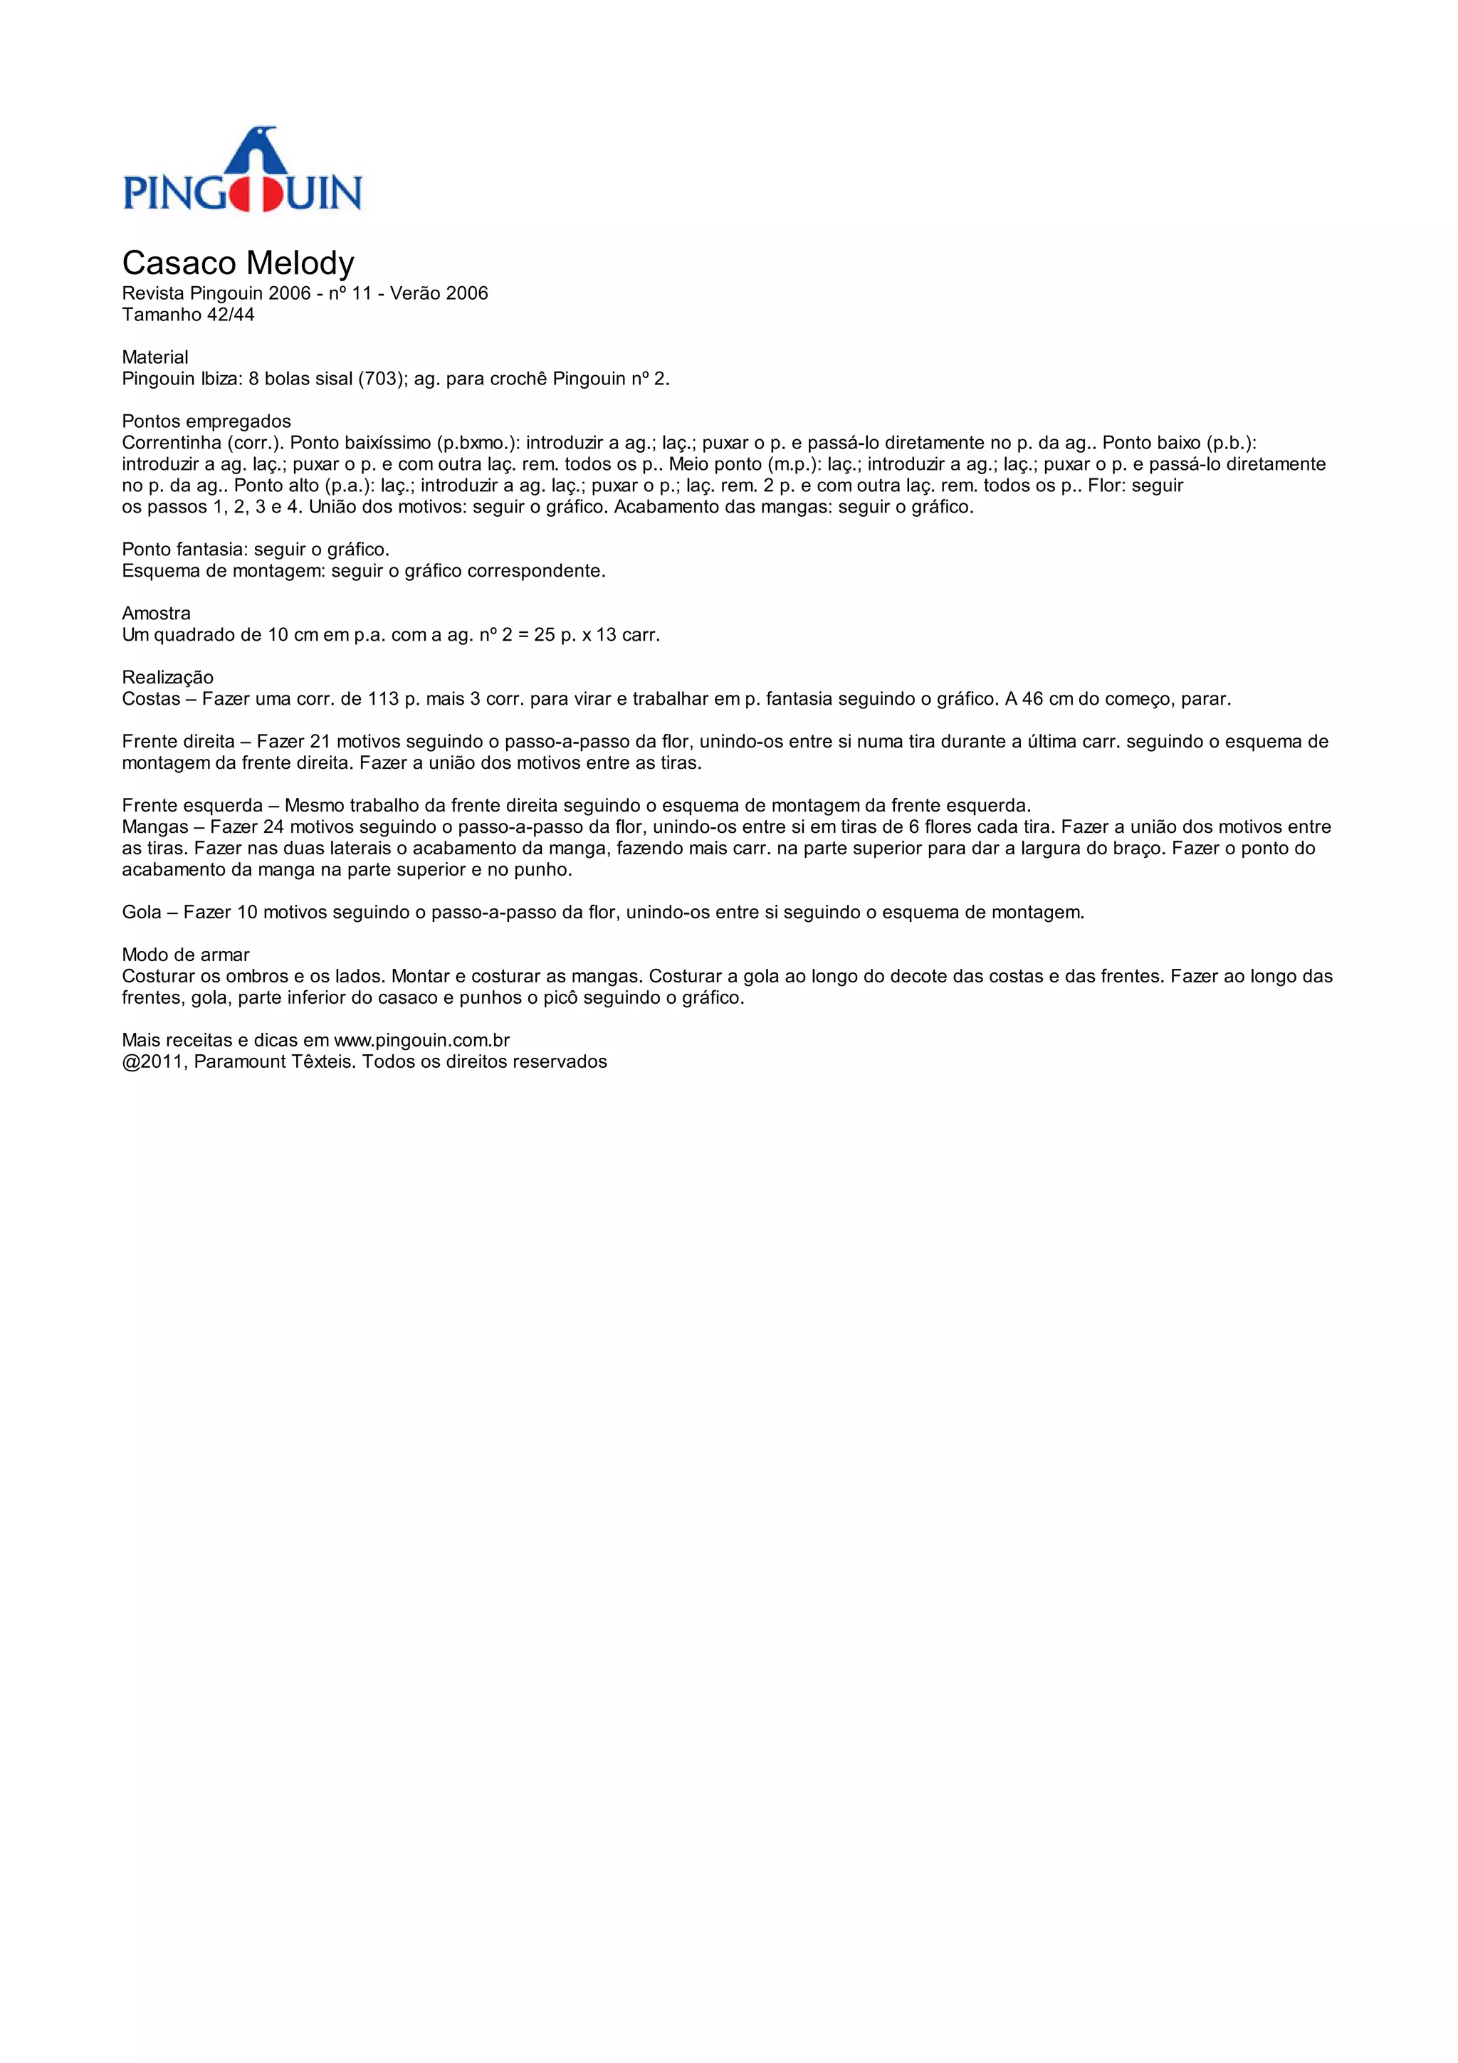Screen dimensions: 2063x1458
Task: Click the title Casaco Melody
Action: [x=238, y=263]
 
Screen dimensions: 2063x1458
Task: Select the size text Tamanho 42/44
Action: [x=188, y=315]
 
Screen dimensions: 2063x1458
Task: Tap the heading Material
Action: [x=154, y=357]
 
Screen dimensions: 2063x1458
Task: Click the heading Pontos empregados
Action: [x=206, y=421]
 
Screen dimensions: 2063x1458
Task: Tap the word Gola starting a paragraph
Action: [x=142, y=912]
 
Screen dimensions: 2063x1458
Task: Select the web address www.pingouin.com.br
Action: [x=421, y=1041]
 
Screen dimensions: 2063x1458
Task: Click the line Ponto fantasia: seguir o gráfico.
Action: [x=255, y=549]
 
